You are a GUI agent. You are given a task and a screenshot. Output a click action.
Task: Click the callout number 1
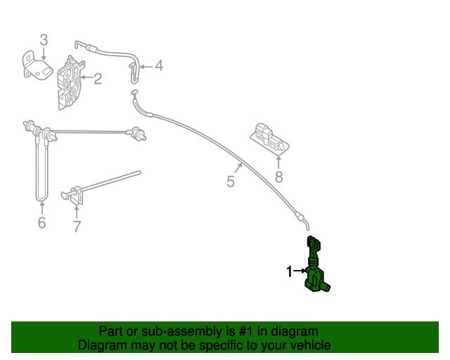pos(289,271)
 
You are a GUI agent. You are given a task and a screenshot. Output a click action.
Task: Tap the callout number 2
pos(98,79)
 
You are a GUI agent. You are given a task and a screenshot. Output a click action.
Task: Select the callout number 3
pos(44,40)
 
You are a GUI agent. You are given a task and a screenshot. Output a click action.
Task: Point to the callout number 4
pos(159,65)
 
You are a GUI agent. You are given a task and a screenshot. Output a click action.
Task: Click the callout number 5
pos(231,181)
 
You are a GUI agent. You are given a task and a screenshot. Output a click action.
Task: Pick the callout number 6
pos(42,222)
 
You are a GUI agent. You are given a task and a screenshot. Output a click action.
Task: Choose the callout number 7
pos(77,226)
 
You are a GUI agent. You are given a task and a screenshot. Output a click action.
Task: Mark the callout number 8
pos(279,177)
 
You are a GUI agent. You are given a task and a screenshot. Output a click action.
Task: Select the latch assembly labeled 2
pos(70,83)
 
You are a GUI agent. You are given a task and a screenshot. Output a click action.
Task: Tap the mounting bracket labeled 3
pos(37,65)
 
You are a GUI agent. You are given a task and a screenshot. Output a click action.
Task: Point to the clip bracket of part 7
pos(75,196)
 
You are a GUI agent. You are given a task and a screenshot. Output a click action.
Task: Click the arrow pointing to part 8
pos(278,162)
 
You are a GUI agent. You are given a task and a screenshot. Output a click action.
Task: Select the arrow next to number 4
pos(146,67)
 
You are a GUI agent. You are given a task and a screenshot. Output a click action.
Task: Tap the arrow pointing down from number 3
pos(44,54)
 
